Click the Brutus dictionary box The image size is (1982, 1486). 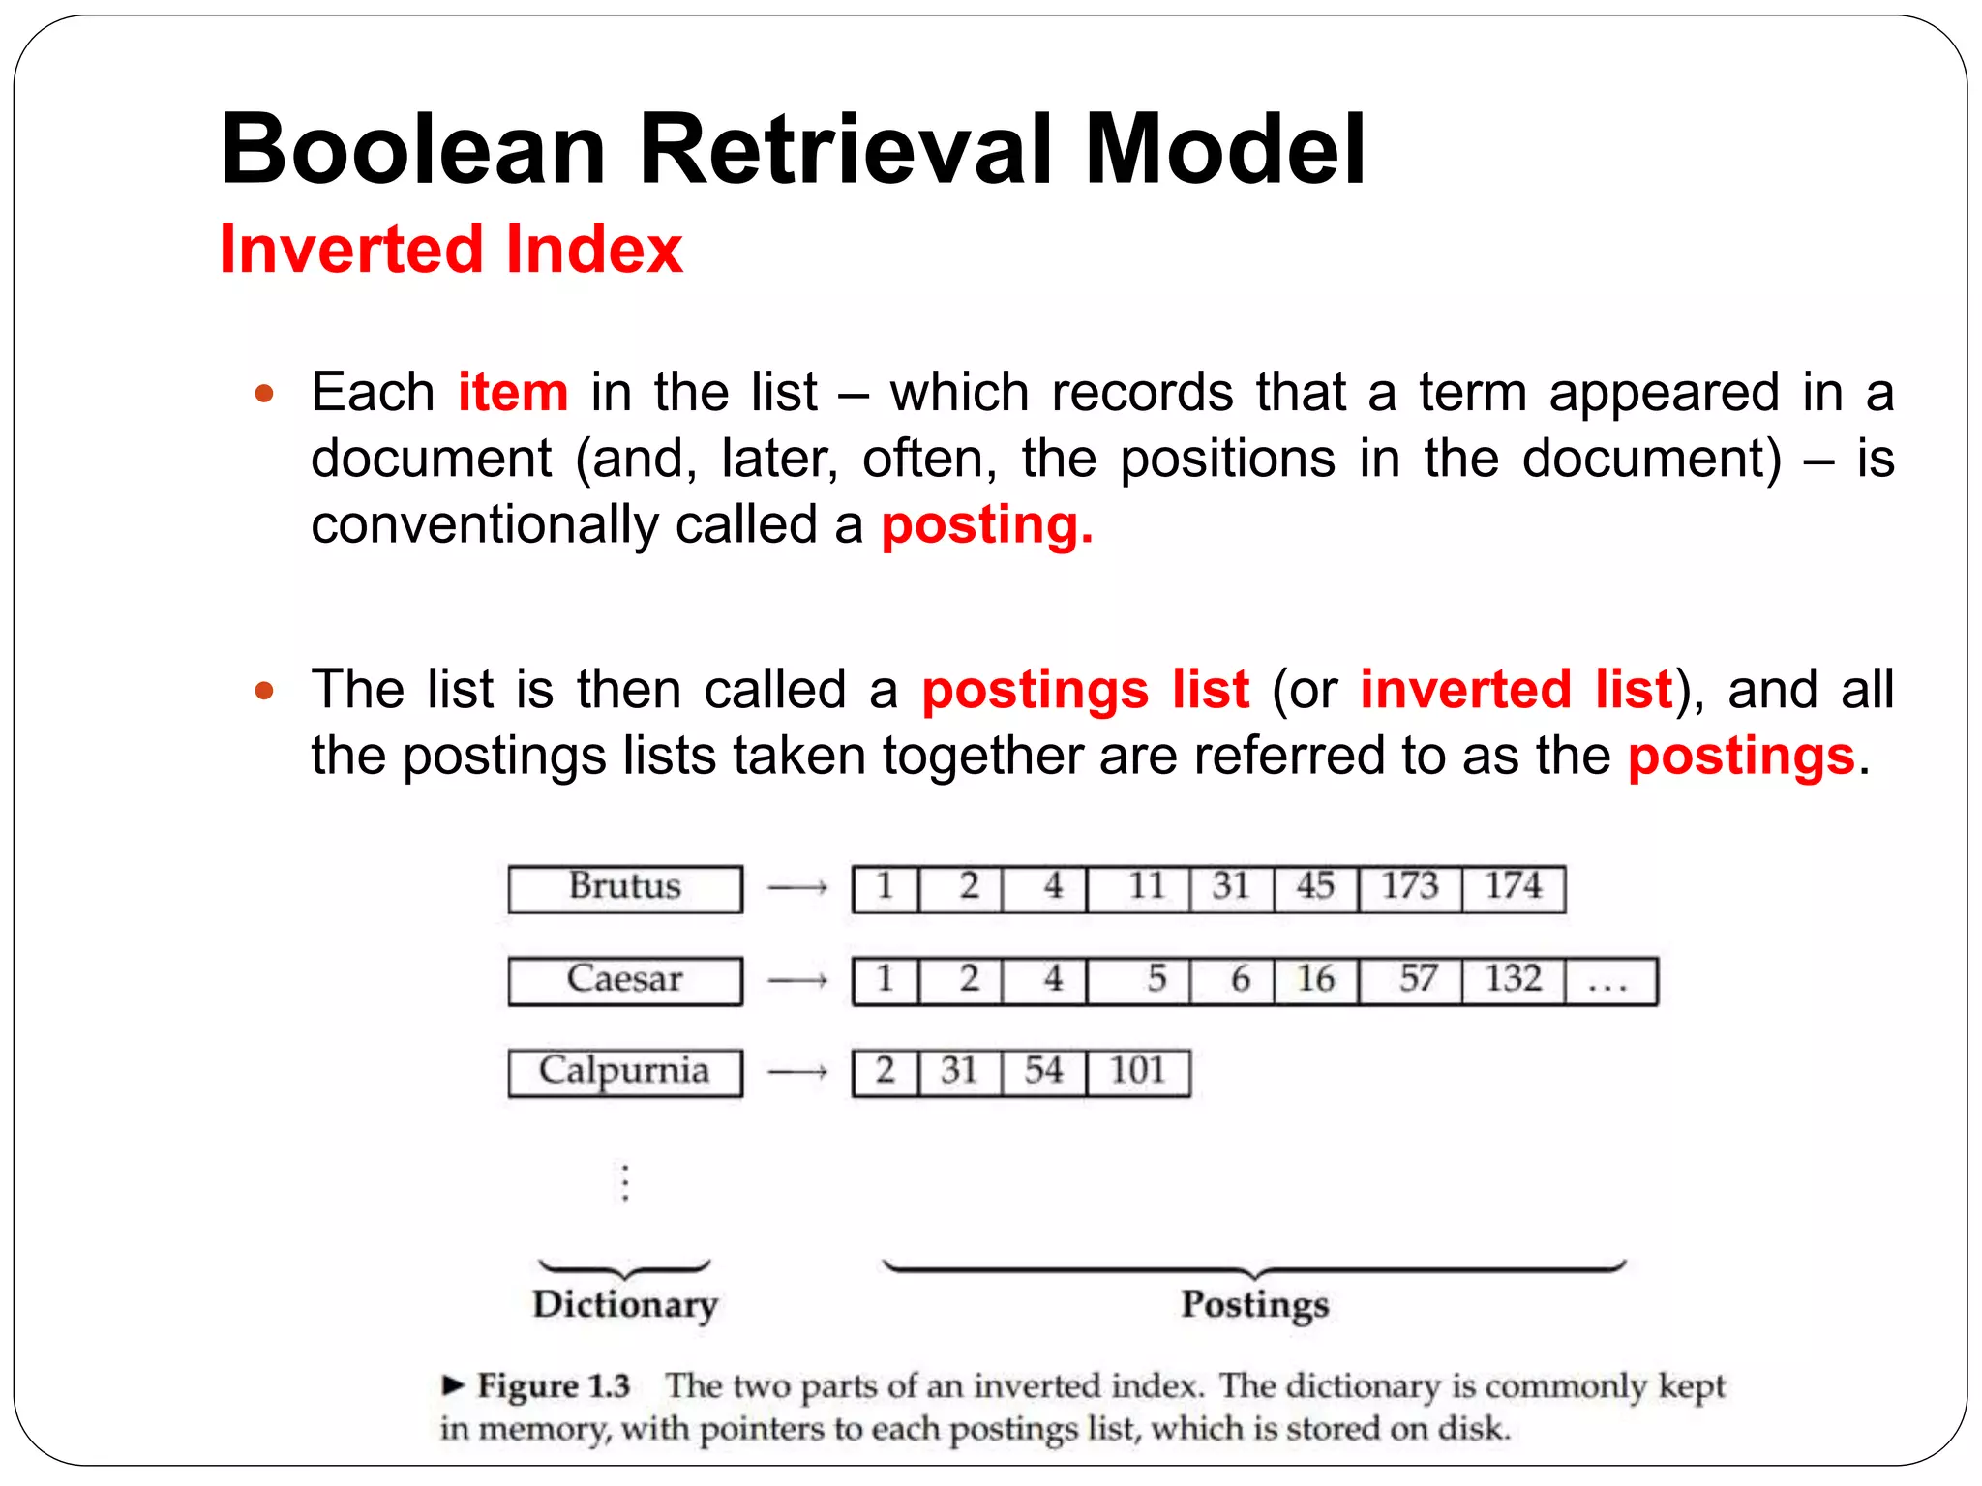coord(625,888)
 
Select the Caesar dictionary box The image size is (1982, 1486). coord(625,980)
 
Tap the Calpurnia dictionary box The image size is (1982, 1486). coord(625,1072)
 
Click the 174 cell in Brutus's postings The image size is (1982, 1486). coord(1513,888)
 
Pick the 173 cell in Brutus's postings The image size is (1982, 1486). coord(1409,888)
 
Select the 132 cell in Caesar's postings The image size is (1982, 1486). coord(1513,980)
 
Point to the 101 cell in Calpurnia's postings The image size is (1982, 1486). coord(1138,1072)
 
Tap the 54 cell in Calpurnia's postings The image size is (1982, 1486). coord(1044,1072)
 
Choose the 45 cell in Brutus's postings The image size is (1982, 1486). coord(1316,888)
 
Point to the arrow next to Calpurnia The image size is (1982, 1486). coord(797,1072)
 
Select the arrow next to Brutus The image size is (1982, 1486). coord(797,888)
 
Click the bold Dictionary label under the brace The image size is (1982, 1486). coord(625,1305)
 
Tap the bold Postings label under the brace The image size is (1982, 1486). coord(1255,1305)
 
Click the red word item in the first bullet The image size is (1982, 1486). coord(513,393)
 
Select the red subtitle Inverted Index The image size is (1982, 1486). coord(451,250)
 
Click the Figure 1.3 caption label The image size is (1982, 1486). coord(553,1386)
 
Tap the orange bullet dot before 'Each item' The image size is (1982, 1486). coord(264,394)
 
